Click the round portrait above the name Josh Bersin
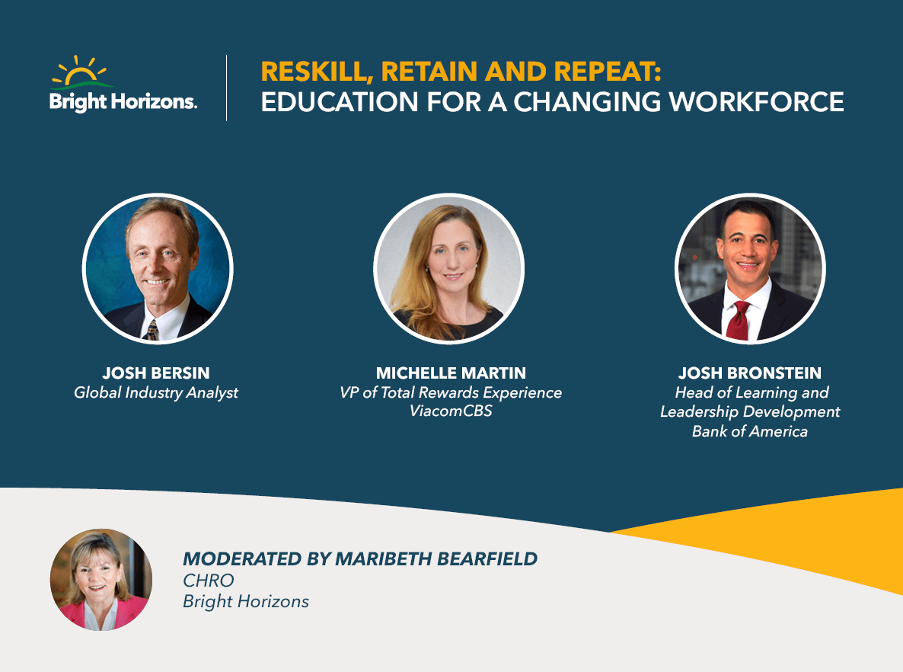point(158,268)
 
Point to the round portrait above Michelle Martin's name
point(449,268)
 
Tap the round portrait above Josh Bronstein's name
point(750,268)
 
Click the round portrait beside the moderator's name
point(101,580)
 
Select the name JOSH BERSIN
point(156,373)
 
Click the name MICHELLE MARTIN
point(451,373)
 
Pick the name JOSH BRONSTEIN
point(750,373)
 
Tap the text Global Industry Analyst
point(156,393)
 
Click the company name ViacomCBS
point(451,412)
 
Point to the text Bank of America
point(750,431)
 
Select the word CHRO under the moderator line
point(209,581)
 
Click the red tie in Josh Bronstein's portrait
point(738,319)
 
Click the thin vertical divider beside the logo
point(227,88)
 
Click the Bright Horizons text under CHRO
point(246,601)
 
